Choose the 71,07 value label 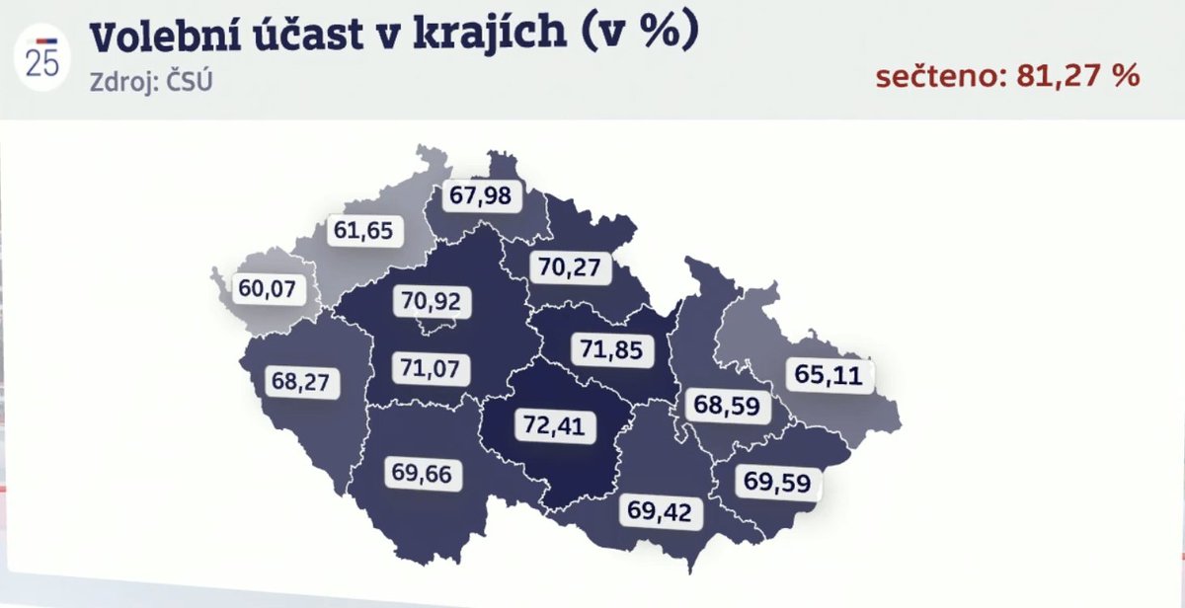tap(430, 367)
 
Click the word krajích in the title tap(510, 37)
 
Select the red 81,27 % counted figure tap(1071, 76)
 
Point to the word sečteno tap(933, 76)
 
